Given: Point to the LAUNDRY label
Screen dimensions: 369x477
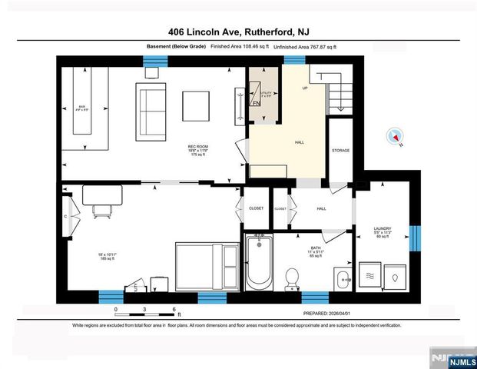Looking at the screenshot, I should pyautogui.click(x=382, y=228).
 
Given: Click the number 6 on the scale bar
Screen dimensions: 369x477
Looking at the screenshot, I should pyautogui.click(x=174, y=308).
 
